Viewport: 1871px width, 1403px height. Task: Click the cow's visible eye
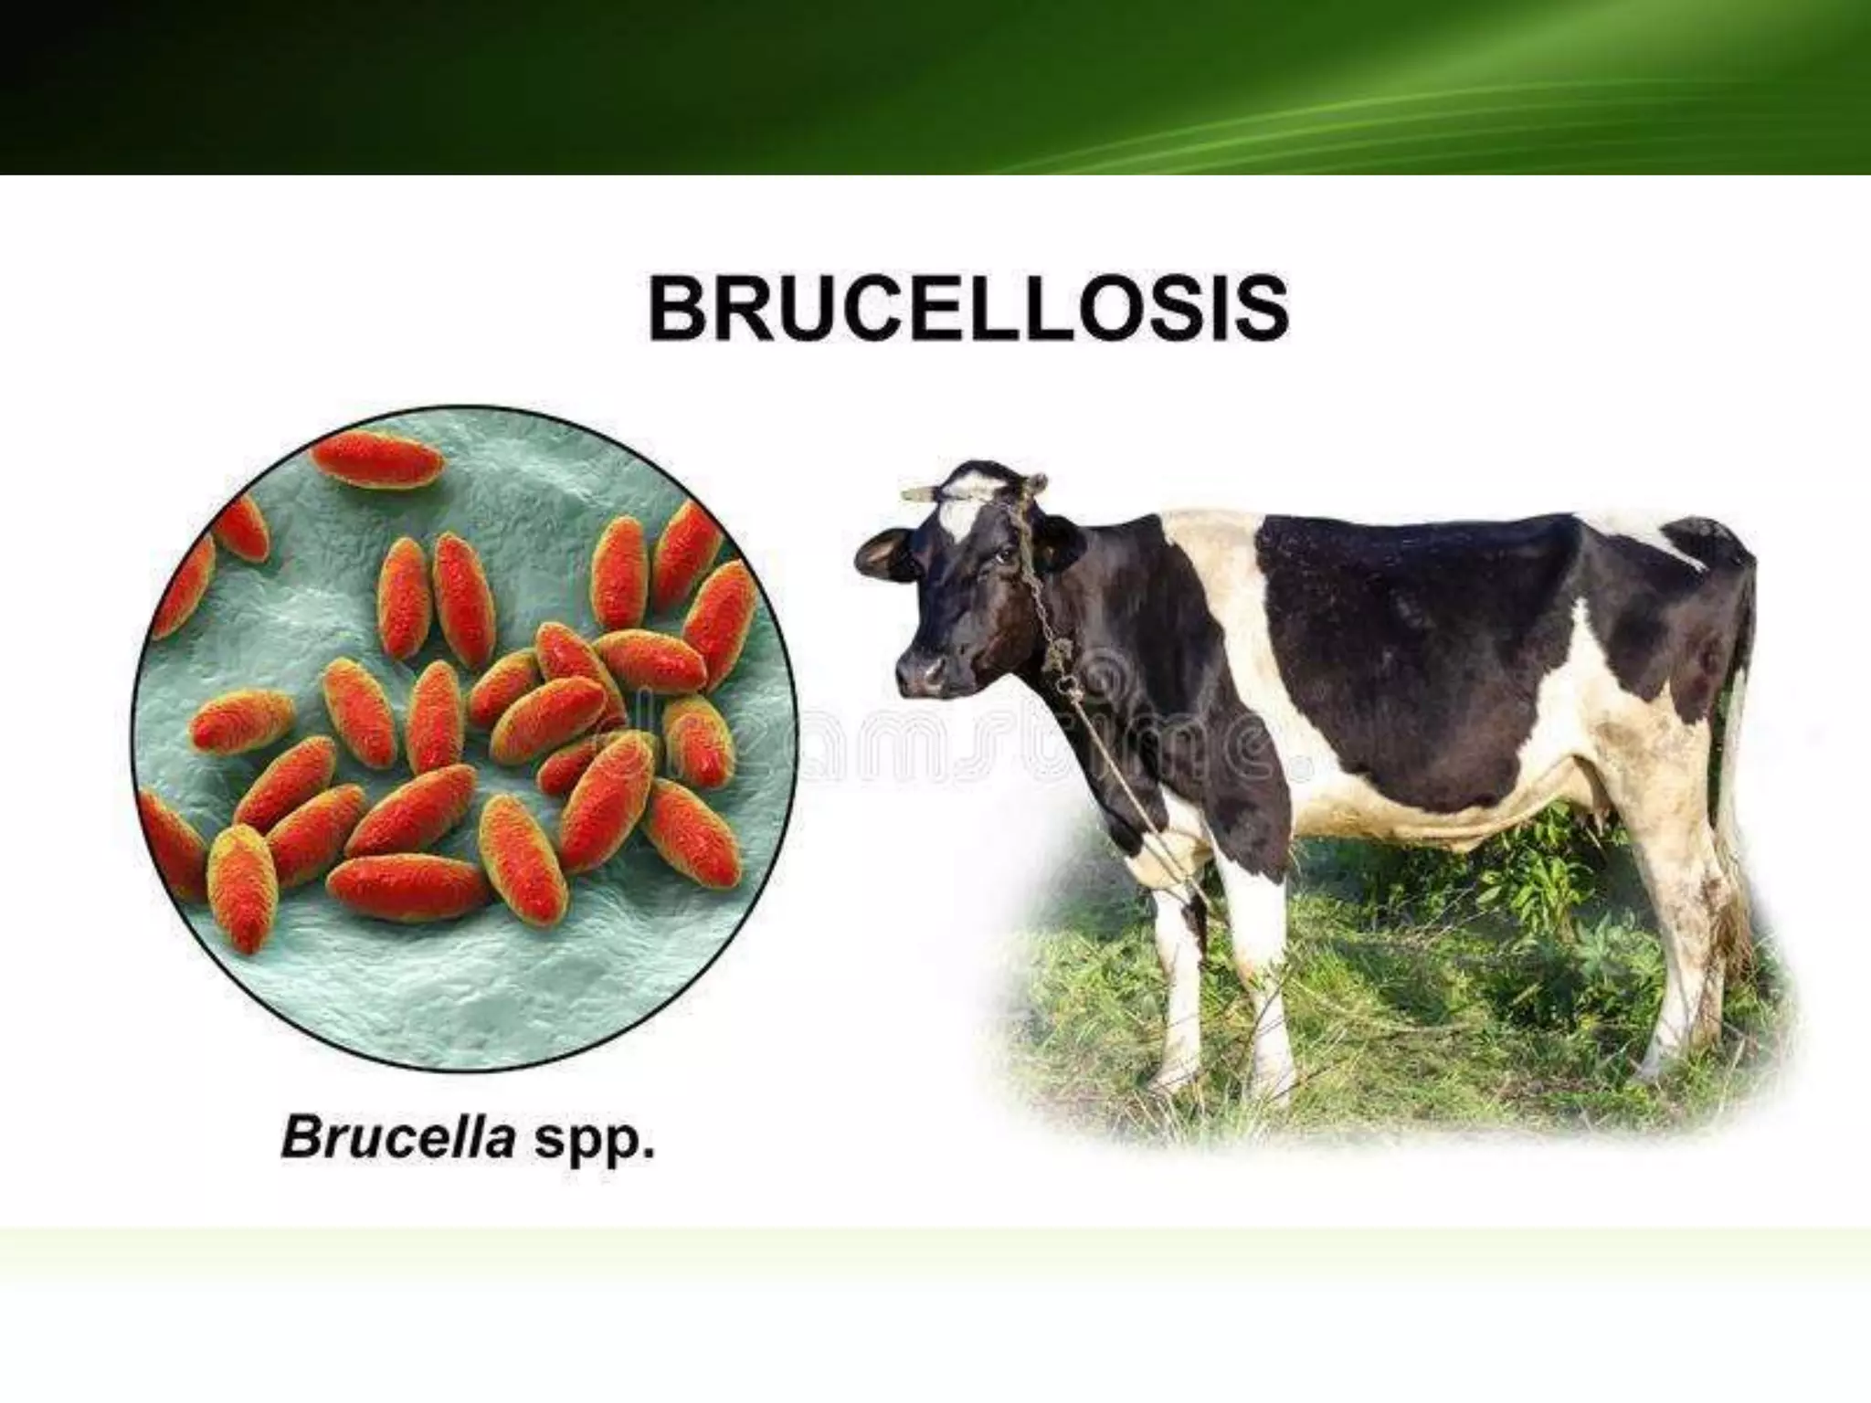[x=1001, y=554]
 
